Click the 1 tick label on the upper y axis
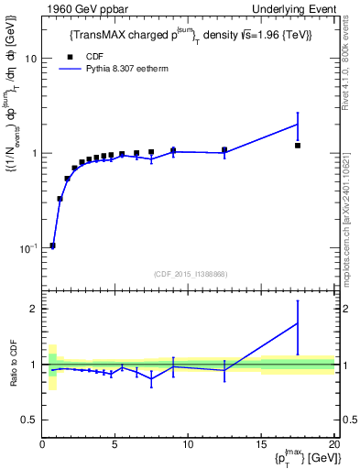coord(33,153)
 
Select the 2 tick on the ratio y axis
coord(33,309)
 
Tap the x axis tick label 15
coord(261,444)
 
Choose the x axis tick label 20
coord(333,444)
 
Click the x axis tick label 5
coord(115,444)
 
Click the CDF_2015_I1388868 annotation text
coord(190,273)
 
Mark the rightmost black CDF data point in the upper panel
coord(298,146)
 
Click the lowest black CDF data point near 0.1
coord(52,245)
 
